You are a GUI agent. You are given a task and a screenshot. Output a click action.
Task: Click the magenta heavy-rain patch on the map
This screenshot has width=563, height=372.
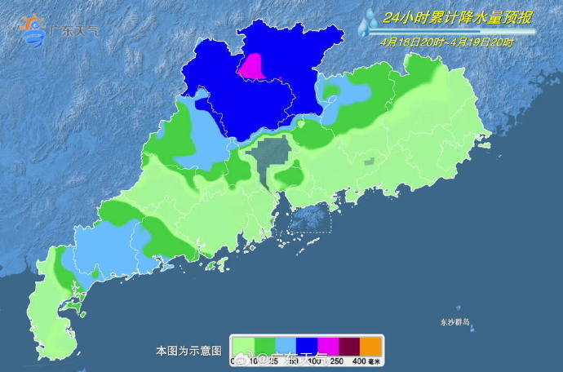click(x=255, y=67)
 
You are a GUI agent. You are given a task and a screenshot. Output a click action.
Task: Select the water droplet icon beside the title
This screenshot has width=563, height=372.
click(x=364, y=23)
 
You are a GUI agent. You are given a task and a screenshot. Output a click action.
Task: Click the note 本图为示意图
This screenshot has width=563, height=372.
click(x=188, y=351)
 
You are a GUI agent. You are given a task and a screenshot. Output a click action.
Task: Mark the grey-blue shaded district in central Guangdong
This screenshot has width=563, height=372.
click(x=271, y=157)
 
